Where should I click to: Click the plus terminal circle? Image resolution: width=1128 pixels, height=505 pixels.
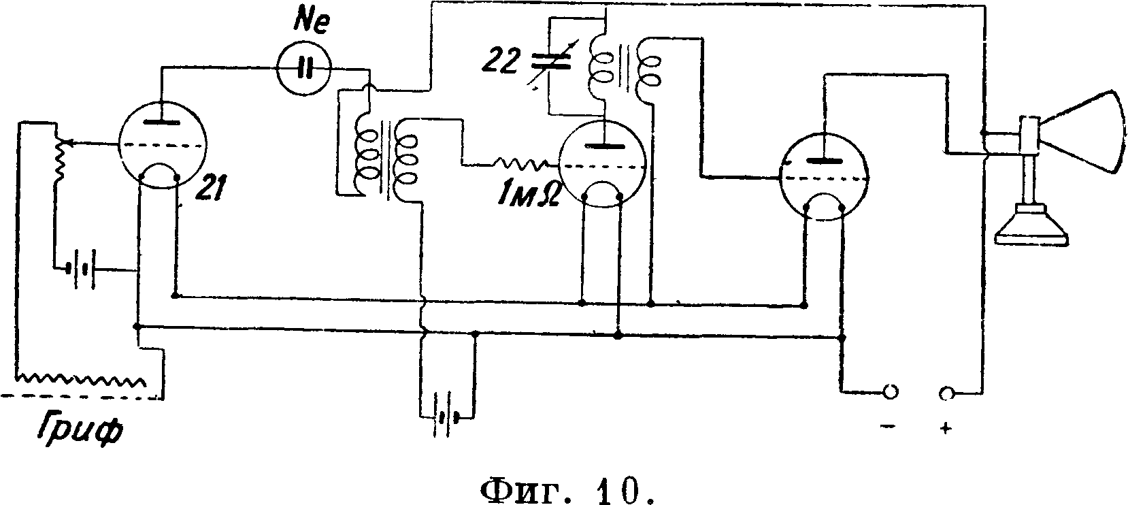[x=946, y=393]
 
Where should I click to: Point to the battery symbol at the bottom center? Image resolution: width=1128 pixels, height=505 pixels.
[x=446, y=416]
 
